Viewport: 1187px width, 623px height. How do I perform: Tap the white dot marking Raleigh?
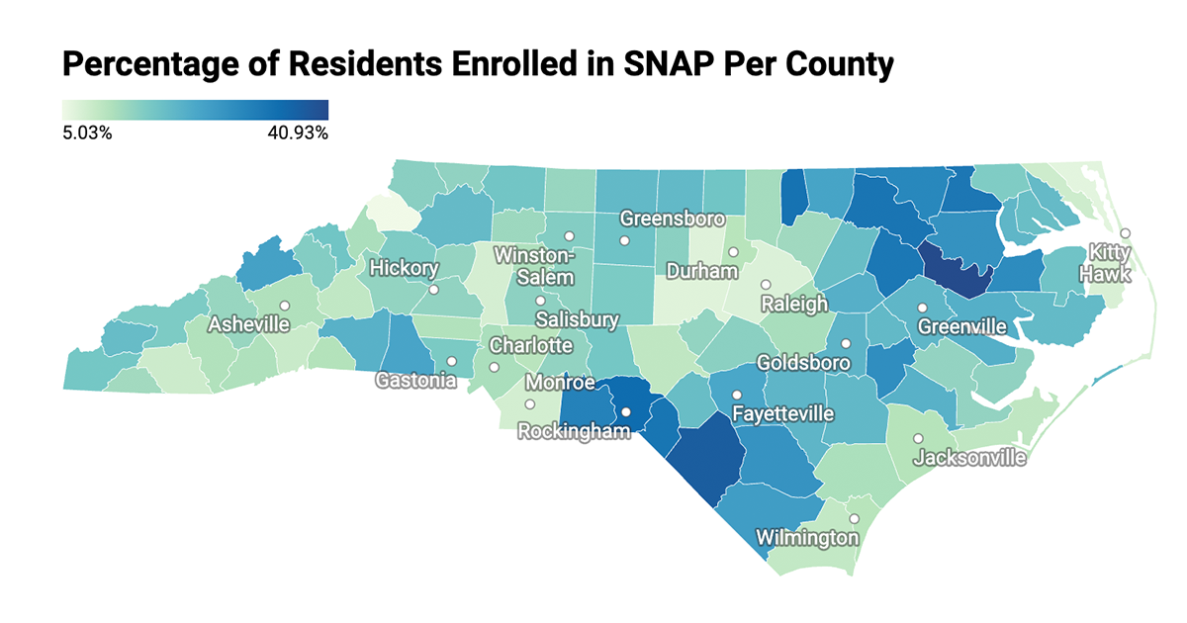coord(766,285)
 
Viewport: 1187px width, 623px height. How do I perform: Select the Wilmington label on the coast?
coord(807,538)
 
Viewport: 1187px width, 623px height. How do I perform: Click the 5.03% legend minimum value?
coord(87,133)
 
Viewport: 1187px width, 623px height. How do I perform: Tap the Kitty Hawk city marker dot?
coord(1125,233)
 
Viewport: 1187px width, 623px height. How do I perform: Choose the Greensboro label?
coord(673,219)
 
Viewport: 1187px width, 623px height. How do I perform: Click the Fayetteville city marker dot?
coord(737,396)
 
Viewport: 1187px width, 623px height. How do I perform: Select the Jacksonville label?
coord(969,458)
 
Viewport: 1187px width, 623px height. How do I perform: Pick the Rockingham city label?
coord(574,431)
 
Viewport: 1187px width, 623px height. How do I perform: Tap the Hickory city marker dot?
coord(433,291)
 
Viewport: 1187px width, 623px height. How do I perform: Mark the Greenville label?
coord(961,325)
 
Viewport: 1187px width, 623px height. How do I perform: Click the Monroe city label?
coord(560,383)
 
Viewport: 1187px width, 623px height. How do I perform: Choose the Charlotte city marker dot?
coord(494,367)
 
